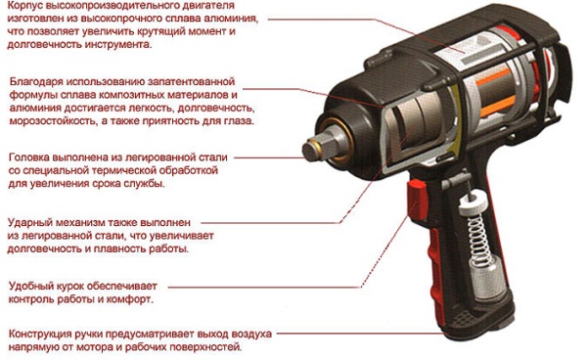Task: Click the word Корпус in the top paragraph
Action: point(23,6)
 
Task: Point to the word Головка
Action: point(29,157)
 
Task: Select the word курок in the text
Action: point(70,287)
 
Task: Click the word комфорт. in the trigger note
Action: point(130,299)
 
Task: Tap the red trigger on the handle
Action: point(418,199)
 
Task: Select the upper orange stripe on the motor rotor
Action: point(493,77)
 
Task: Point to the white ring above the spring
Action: point(473,202)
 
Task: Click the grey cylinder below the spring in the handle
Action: point(485,279)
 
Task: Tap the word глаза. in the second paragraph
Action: point(238,121)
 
